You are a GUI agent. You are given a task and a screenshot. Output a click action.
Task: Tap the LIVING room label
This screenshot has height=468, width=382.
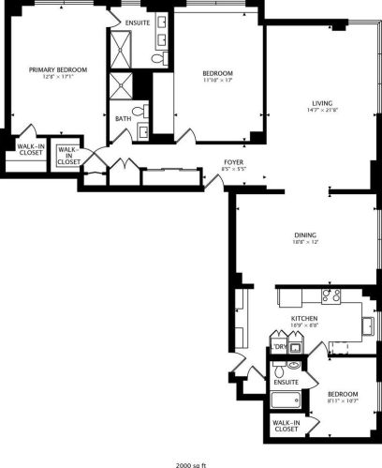[324, 103]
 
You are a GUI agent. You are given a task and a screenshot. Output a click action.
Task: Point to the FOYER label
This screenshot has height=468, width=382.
[234, 162]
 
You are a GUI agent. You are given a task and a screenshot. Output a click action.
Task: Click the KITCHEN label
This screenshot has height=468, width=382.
[303, 320]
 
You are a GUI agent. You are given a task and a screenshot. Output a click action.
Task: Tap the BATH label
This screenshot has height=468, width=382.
[124, 119]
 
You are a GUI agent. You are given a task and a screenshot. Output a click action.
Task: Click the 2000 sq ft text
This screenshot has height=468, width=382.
[190, 463]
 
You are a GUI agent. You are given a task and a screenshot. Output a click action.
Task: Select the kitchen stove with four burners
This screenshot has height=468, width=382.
[331, 295]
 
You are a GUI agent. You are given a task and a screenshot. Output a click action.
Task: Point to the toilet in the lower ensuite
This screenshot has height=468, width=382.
[293, 365]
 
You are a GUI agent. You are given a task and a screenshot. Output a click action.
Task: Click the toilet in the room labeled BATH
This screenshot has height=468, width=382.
[140, 112]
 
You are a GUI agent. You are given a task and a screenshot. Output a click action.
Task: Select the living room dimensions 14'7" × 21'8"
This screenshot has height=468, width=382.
[324, 112]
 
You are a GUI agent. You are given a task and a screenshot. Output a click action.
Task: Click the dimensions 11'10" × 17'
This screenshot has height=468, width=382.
[218, 81]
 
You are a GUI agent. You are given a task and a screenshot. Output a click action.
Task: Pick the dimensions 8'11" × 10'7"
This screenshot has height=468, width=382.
[343, 401]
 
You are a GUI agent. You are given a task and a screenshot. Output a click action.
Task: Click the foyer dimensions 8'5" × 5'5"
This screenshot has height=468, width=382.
[234, 171]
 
